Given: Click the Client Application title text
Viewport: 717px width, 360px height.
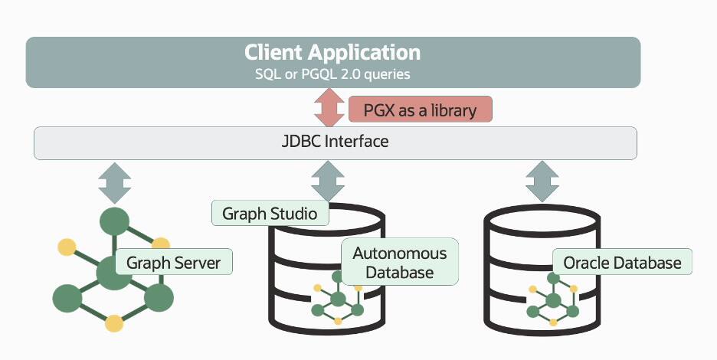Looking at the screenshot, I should coord(332,53).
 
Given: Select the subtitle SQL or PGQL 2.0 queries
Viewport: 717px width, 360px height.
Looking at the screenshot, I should coord(332,74).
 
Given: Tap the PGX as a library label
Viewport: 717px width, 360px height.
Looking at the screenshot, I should coord(420,110).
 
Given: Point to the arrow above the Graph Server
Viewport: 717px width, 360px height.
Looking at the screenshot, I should coord(115,182).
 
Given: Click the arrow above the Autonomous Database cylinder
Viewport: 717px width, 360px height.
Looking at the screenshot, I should coord(328,182).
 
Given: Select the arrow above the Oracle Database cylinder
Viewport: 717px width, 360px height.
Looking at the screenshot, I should coord(542,182).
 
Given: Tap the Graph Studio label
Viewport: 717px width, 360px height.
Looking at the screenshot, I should coord(270,212).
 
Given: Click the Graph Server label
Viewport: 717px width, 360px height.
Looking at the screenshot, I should coord(173,263).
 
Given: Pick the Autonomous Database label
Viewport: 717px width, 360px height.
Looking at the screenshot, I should coord(399,262).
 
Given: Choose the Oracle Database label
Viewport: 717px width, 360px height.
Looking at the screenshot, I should coord(622,263).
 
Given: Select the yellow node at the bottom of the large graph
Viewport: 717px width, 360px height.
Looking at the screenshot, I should coord(114,322).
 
